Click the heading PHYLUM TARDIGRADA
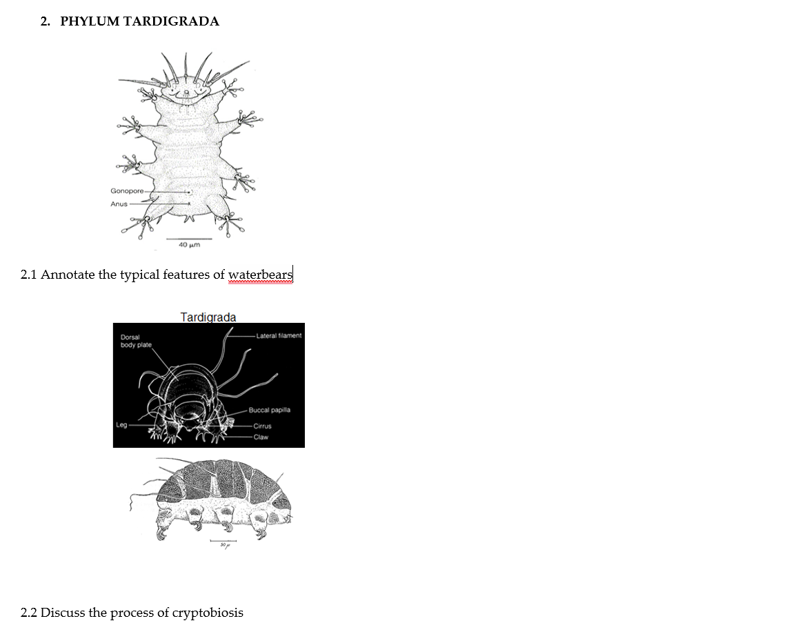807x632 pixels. click(139, 21)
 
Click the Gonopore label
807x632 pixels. click(127, 190)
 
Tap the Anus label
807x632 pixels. click(119, 204)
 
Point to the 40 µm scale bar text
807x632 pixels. click(188, 245)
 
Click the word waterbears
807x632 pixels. click(260, 275)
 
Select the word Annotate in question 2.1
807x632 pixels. click(68, 275)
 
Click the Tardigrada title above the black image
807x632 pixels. click(208, 317)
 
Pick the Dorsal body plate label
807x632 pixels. click(136, 341)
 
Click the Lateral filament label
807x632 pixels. click(279, 336)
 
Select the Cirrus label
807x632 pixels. click(262, 426)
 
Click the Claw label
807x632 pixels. click(261, 437)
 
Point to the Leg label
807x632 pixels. click(122, 426)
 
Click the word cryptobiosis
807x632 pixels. click(208, 613)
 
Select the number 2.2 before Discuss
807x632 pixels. click(29, 613)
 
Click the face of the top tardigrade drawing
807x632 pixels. click(183, 90)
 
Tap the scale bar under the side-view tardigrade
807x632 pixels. click(223, 541)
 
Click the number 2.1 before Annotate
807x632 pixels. click(29, 275)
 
